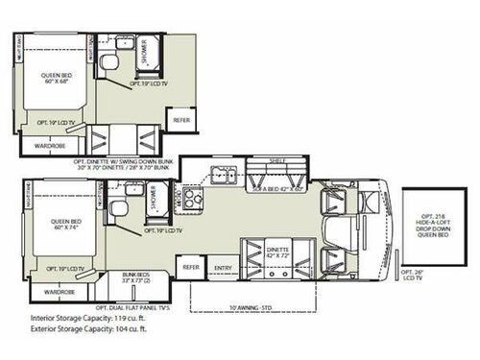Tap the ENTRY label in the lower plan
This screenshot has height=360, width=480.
coord(223,267)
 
